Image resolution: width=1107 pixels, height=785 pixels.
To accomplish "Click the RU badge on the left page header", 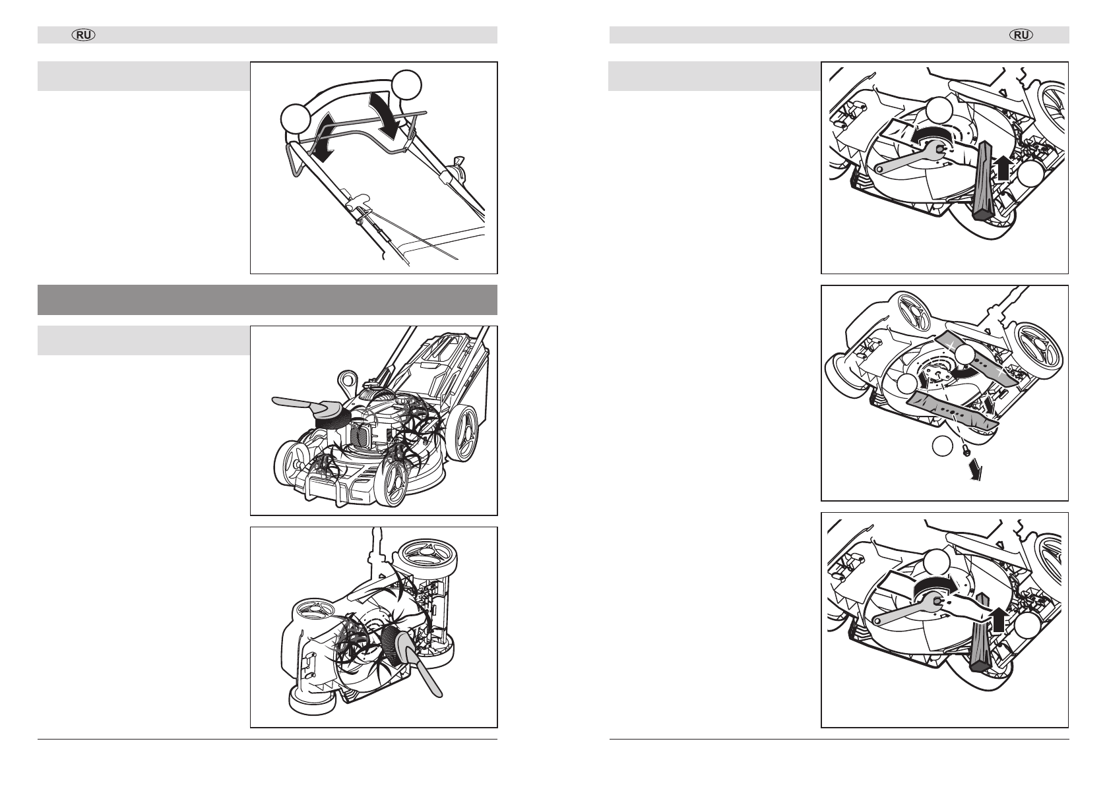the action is pos(84,35).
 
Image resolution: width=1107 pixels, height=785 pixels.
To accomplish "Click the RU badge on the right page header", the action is pos(1021,35).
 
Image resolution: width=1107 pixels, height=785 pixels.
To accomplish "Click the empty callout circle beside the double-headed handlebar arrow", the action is pos(296,119).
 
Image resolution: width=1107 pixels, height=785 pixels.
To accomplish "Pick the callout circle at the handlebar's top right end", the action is pos(407,85).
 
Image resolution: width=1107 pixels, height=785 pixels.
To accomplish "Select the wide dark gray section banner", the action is pos(267,300).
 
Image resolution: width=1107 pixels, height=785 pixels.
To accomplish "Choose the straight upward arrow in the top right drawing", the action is pos(1003,168).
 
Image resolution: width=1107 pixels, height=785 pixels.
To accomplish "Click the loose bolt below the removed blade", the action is pos(965,450).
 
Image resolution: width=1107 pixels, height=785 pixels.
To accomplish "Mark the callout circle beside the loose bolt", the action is pos(943,446).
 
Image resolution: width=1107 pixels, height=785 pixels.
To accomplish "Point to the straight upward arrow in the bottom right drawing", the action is pos(997,620).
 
